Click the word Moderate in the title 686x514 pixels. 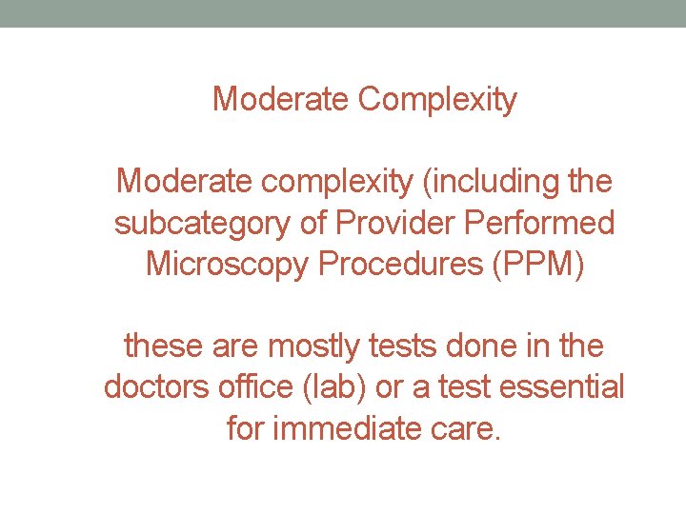click(281, 98)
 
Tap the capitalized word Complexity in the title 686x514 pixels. click(437, 99)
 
